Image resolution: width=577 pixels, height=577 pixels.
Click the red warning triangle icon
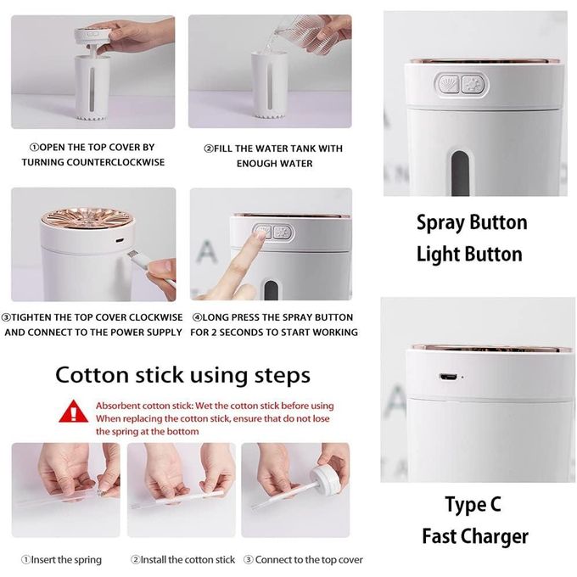pyautogui.click(x=74, y=412)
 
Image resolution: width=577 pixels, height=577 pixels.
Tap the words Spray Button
pyautogui.click(x=472, y=223)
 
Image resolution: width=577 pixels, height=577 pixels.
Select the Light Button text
pyautogui.click(x=469, y=255)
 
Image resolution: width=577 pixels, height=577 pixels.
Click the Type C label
pyautogui.click(x=473, y=505)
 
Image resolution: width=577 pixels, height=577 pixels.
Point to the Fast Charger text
pyautogui.click(x=475, y=536)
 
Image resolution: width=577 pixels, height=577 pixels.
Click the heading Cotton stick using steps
pyautogui.click(x=183, y=375)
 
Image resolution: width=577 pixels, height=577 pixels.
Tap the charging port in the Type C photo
pyautogui.click(x=448, y=377)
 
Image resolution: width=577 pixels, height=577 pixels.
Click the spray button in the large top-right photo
pyautogui.click(x=449, y=84)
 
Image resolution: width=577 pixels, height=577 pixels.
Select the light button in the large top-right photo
pyautogui.click(x=473, y=85)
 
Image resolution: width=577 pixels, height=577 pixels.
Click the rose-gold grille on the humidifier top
pyautogui.click(x=87, y=219)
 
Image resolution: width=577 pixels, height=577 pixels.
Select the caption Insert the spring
pyautogui.click(x=61, y=560)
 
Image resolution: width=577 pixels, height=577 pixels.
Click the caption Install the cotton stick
pyautogui.click(x=183, y=560)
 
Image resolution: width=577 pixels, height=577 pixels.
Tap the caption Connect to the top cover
pyautogui.click(x=303, y=560)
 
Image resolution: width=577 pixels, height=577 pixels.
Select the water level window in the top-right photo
pyautogui.click(x=461, y=172)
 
